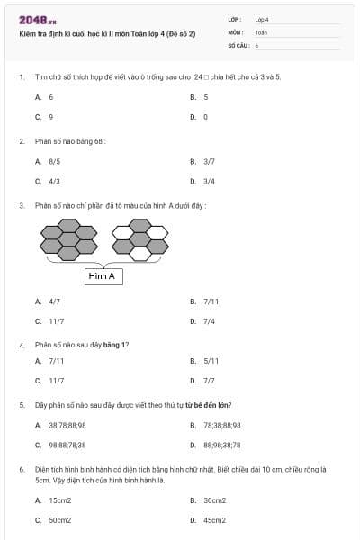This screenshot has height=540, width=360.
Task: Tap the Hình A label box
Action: [x=103, y=276]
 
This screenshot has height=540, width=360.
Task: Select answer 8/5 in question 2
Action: [x=55, y=162]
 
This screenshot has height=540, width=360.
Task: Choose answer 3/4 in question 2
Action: [x=209, y=181]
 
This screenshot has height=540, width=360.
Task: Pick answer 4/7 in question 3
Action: [x=55, y=301]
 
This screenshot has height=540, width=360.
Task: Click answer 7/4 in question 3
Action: [x=209, y=320]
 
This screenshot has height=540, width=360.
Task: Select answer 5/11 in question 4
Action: [x=211, y=361]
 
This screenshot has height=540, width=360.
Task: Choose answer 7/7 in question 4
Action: [x=209, y=381]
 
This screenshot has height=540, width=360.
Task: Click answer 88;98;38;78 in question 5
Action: [x=221, y=444]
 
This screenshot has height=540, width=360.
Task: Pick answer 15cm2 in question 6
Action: [x=60, y=500]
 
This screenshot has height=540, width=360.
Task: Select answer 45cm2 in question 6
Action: [x=214, y=520]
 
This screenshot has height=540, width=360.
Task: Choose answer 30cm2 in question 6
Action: [x=214, y=500]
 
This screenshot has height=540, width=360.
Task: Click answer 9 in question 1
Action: [x=51, y=117]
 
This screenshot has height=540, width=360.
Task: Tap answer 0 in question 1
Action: [x=205, y=117]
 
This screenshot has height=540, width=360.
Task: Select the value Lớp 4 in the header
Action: [x=262, y=19]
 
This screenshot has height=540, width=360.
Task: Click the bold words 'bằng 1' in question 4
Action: [x=115, y=345]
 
